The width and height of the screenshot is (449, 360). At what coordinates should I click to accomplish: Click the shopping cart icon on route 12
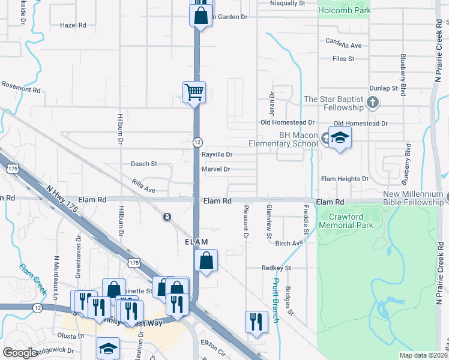pos(194,92)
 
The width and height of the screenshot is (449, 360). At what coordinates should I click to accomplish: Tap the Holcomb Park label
pos(344,10)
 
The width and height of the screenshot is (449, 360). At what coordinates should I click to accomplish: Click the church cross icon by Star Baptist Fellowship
pos(373,102)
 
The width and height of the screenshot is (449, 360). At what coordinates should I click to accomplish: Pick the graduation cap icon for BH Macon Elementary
pos(340,139)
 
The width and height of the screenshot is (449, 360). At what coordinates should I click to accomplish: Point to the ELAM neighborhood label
pos(196,242)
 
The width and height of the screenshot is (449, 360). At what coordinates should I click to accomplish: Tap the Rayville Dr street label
pos(217,155)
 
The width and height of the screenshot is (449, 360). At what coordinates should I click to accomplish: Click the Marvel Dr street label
pos(216,169)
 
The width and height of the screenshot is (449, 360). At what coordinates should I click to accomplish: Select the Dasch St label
pos(143,163)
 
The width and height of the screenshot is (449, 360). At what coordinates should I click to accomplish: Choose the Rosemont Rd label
pos(20,89)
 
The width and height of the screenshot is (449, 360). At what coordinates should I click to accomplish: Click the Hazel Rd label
pos(73,25)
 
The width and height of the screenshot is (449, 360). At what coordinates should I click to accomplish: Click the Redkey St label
pos(276,268)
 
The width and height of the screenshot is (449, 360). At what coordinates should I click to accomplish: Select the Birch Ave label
pos(288,244)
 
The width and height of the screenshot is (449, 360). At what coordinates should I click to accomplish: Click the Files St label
pos(344,59)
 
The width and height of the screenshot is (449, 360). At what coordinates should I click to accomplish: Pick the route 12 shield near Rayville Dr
pos(197,142)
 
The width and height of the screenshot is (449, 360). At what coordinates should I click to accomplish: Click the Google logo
pos(20,353)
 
